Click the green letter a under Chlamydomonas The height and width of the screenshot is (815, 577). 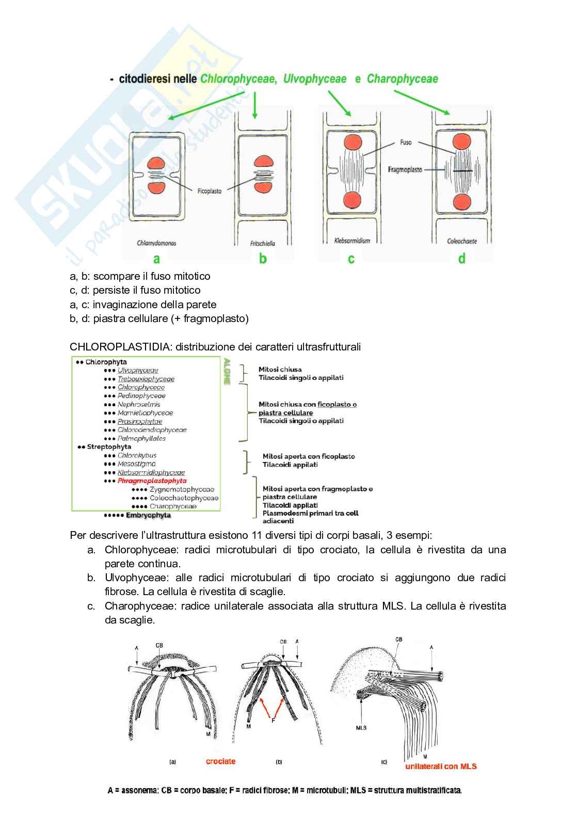[x=156, y=259]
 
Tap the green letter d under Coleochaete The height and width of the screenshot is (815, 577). [x=461, y=258]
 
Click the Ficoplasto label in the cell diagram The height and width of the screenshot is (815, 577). [x=210, y=191]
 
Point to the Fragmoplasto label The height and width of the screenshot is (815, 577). [x=405, y=169]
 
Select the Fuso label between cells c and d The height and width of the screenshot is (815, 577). [x=405, y=142]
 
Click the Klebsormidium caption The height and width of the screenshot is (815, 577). [x=352, y=241]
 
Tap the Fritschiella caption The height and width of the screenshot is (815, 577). [x=263, y=243]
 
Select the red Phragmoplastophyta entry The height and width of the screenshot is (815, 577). [x=152, y=481]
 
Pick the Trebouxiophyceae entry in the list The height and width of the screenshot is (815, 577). [x=146, y=379]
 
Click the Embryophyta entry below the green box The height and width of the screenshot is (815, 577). [x=148, y=515]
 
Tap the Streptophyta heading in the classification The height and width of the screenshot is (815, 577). [x=109, y=447]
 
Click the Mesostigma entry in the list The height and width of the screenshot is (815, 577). [x=136, y=464]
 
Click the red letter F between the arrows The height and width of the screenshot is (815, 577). [x=274, y=721]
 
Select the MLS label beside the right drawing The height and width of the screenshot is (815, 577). [x=361, y=728]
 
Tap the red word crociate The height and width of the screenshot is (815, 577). [x=220, y=761]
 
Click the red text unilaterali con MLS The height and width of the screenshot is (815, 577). [x=441, y=766]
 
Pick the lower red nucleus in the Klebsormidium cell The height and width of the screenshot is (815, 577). [x=351, y=199]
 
